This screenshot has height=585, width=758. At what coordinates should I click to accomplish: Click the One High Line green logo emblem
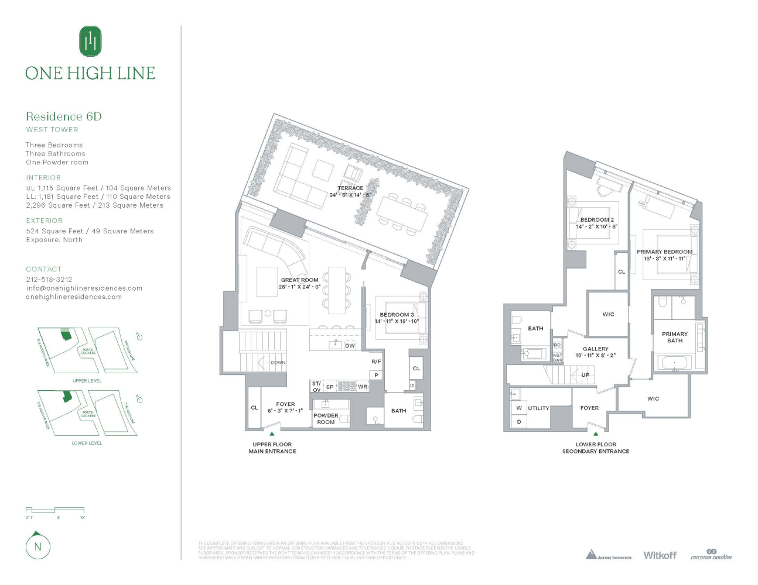pos(90,42)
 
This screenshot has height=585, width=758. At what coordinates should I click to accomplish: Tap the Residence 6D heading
pos(64,116)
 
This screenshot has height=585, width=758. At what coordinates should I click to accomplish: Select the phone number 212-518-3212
pos(49,280)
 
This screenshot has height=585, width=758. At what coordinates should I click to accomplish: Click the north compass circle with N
pos(38,547)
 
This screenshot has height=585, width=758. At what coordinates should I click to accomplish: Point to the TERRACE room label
pos(350,188)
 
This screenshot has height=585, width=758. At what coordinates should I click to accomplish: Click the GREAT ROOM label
pos(299,280)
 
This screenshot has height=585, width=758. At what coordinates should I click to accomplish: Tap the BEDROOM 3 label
pos(397,315)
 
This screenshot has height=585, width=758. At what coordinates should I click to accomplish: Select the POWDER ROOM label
pos(326,419)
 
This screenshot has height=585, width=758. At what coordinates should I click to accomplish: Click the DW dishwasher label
pos(350,346)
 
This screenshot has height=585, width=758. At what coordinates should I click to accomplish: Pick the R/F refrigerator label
pos(376,362)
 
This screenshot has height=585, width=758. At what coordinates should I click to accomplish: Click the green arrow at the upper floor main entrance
pos(272,434)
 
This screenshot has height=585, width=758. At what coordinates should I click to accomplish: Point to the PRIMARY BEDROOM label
pos(664,252)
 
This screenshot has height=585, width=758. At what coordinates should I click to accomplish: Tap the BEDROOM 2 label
pos(597,220)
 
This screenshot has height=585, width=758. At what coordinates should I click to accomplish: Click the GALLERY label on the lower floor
pos(595,349)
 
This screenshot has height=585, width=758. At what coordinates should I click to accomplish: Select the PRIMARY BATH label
pos(675,337)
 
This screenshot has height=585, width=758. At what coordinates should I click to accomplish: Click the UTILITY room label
pos(538,408)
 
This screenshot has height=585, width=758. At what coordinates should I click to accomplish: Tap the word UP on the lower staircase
pos(585,375)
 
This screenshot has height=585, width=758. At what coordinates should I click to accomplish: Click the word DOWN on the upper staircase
pos(278,363)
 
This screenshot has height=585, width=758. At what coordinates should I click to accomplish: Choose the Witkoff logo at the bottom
pos(660,555)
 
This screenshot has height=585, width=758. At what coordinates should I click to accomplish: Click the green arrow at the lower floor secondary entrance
pos(596,434)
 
